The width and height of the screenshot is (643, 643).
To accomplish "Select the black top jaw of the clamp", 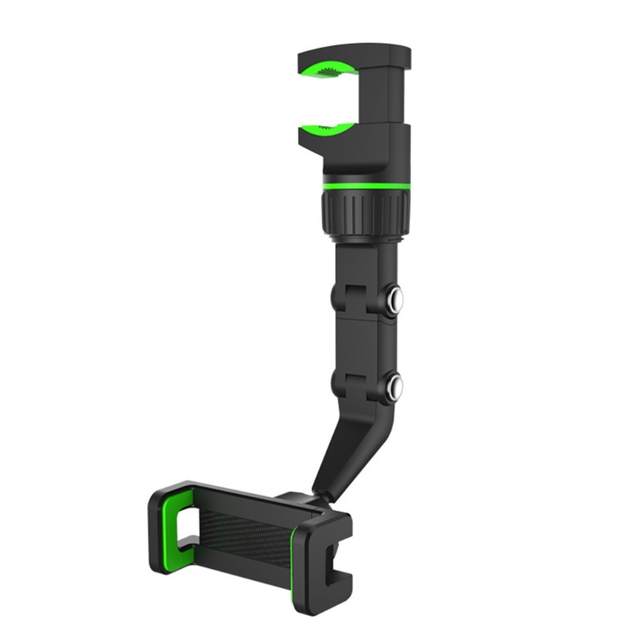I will click(354, 55).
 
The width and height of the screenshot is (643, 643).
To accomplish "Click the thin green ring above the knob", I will click(366, 186).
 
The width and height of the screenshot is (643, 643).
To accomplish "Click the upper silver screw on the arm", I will click(395, 300).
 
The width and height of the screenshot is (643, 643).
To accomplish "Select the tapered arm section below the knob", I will click(362, 257).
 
